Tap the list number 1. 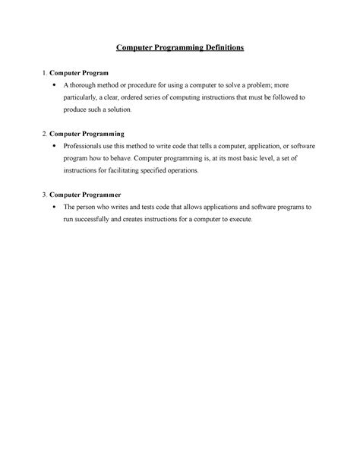[43, 72]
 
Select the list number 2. [43, 133]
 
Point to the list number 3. [43, 194]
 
